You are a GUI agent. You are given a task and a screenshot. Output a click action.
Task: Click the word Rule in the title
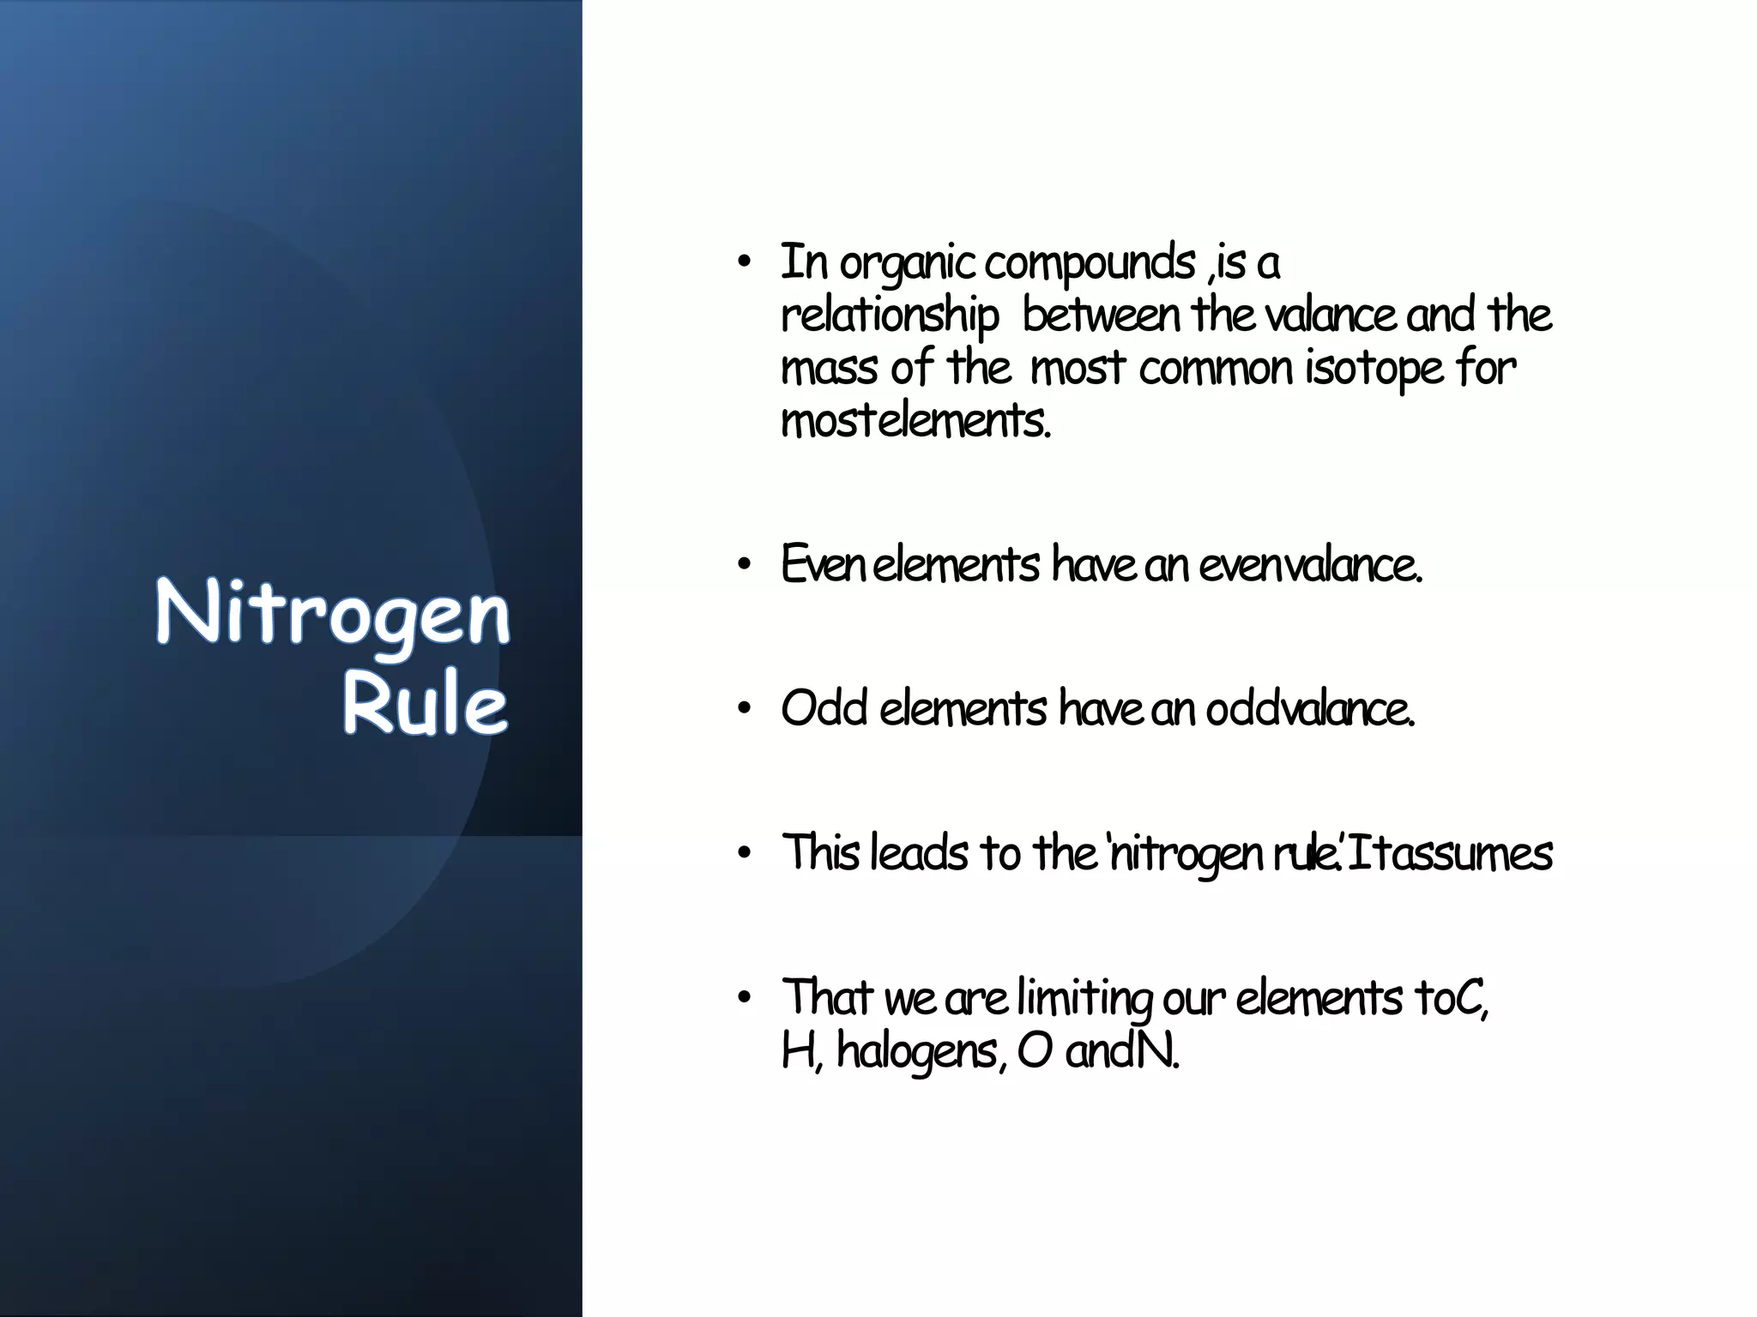(426, 705)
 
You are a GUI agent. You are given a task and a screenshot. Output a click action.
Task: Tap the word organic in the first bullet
(908, 264)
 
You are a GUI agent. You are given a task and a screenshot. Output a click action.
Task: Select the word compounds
(1090, 264)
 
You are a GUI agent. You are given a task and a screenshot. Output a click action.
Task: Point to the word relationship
(890, 316)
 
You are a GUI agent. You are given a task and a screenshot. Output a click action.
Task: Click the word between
(1102, 315)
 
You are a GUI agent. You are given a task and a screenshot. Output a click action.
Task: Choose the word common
(1217, 370)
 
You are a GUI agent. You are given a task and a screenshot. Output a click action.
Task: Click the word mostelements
(915, 421)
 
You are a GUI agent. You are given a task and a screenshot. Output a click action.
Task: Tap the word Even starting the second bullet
(823, 565)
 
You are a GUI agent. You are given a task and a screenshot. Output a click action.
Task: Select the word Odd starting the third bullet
(824, 709)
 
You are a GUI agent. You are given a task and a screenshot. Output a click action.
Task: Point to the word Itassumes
(1450, 853)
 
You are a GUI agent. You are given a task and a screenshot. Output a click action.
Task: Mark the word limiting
(1084, 999)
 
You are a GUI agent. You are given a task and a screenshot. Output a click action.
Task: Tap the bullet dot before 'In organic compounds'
(744, 262)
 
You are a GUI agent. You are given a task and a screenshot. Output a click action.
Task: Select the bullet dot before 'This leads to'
(744, 853)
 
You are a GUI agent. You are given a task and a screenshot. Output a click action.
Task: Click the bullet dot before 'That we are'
(744, 997)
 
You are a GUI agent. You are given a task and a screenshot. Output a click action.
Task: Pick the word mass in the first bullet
(829, 370)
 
